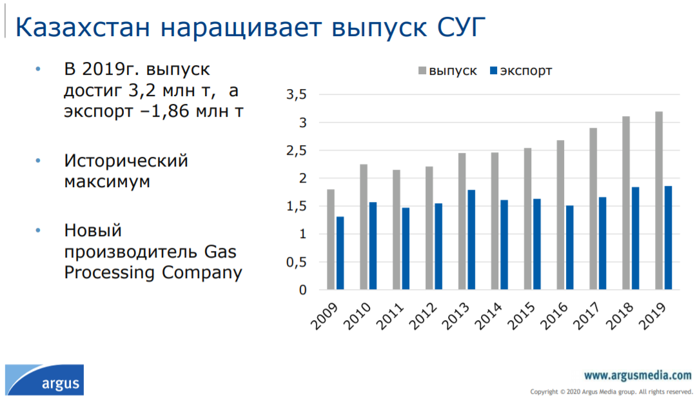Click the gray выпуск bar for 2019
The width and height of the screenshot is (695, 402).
(659, 201)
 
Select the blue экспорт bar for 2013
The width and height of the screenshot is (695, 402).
(471, 240)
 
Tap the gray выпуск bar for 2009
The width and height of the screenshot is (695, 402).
(331, 239)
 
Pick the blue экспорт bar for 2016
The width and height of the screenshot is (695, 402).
(569, 248)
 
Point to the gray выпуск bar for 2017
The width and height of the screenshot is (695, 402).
(594, 209)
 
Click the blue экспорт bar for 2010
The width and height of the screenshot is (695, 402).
(373, 246)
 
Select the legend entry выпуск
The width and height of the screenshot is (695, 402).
(447, 71)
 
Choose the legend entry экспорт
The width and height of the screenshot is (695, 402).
(521, 71)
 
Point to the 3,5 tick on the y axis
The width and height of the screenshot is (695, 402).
(297, 94)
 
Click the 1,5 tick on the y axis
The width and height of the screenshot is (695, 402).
(297, 206)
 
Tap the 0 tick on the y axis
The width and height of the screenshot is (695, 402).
(303, 290)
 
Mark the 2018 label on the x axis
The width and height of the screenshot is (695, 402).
(620, 316)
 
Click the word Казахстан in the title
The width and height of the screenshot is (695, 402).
(83, 27)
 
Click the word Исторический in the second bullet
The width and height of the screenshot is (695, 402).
(126, 161)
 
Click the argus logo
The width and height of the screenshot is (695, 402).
(44, 380)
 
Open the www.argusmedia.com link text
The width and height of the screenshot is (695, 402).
(638, 376)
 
